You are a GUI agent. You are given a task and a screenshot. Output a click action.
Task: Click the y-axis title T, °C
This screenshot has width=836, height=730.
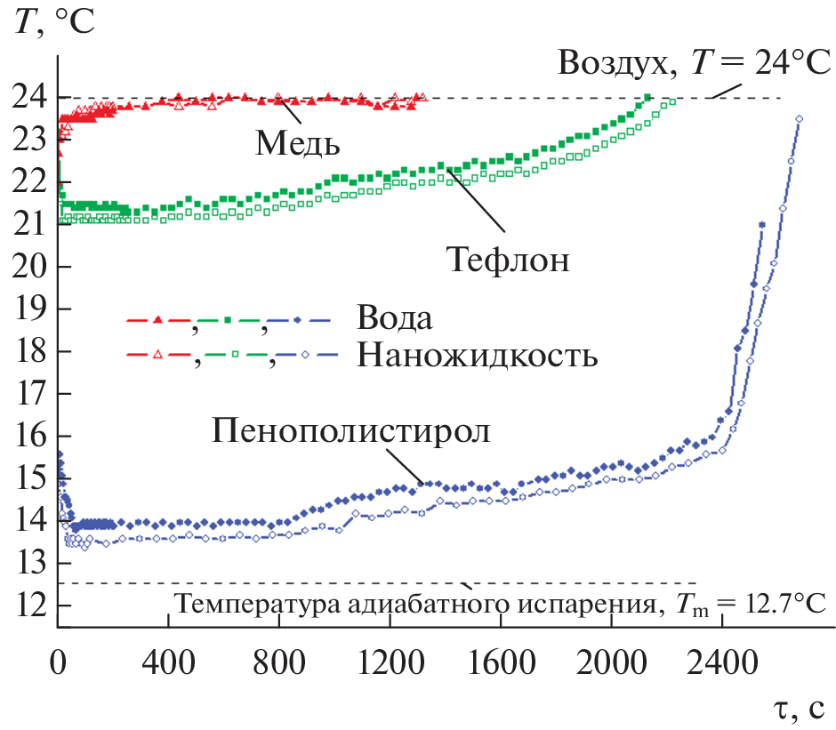coord(54,21)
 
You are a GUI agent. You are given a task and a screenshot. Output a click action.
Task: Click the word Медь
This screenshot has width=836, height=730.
coord(298,142)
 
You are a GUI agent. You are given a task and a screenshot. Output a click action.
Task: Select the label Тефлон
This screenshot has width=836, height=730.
coord(507,260)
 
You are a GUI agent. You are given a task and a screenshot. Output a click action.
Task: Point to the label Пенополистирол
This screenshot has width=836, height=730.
coord(352,429)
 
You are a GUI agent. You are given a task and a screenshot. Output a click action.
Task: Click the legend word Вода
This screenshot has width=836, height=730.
coord(398,318)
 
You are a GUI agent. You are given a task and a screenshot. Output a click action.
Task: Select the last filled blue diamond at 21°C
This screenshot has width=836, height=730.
coord(762,225)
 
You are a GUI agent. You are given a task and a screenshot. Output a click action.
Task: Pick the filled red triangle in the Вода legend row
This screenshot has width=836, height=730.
coord(157,320)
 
